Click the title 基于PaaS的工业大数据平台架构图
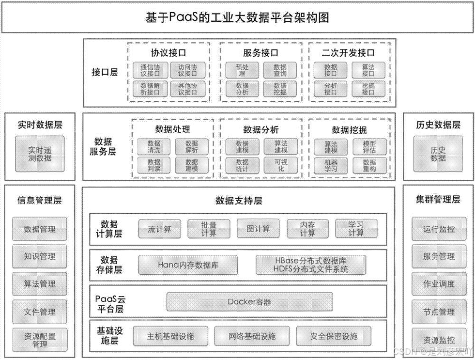[237, 17]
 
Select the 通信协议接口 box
[150, 71]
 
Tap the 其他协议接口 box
[187, 89]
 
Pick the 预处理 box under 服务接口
[242, 71]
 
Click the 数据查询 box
[280, 71]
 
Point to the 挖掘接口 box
[368, 89]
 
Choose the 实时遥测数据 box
[40, 154]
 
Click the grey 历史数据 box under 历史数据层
[438, 154]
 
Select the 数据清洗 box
[154, 147]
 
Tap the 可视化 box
[281, 165]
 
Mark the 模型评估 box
[369, 147]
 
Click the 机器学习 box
[331, 165]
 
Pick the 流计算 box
[159, 229]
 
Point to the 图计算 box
[258, 229]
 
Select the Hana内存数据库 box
[188, 265]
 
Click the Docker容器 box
[249, 302]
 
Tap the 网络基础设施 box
[252, 336]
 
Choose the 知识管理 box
[40, 256]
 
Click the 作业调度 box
[439, 284]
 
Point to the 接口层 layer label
[105, 73]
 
